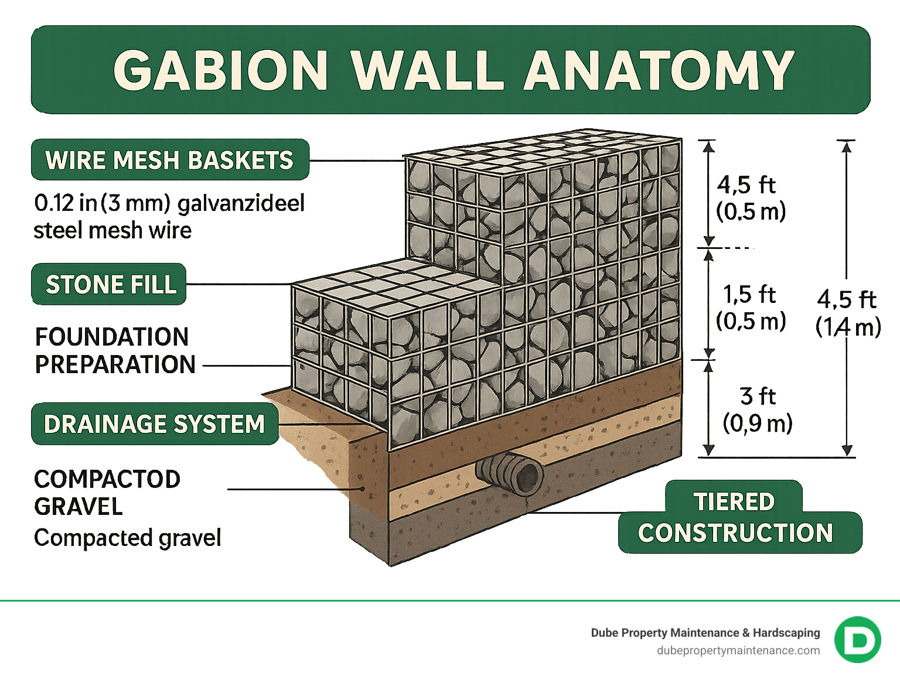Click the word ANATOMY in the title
(x=659, y=70)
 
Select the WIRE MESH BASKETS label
(x=170, y=160)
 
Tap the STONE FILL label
(x=110, y=285)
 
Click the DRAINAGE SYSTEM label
(x=155, y=424)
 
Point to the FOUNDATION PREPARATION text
(x=115, y=350)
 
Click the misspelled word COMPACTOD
(x=107, y=479)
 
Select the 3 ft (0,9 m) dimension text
(x=757, y=409)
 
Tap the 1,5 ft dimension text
(x=749, y=295)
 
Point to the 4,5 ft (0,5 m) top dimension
(x=749, y=197)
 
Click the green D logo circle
(x=857, y=640)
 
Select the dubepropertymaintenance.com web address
(x=738, y=650)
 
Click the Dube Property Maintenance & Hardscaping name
(x=705, y=633)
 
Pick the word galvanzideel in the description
(x=241, y=203)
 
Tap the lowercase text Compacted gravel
(x=128, y=538)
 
